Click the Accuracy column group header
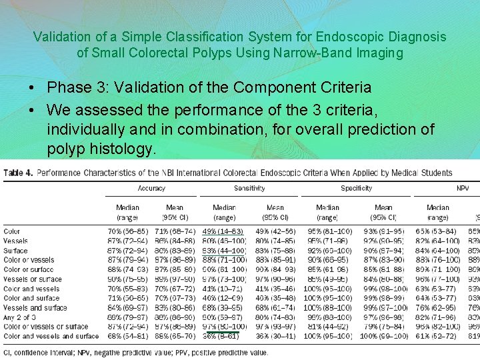[151, 189]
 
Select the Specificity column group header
[356, 189]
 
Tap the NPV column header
[463, 189]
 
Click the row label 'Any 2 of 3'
[20, 317]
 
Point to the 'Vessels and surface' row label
[35, 308]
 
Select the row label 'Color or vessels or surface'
[46, 327]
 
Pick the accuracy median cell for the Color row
[127, 231]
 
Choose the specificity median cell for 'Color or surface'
[327, 269]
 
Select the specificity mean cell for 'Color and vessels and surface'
[384, 336]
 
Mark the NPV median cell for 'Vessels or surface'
[437, 279]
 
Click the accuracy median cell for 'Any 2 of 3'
[127, 317]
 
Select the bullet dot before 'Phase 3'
[32, 87]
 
